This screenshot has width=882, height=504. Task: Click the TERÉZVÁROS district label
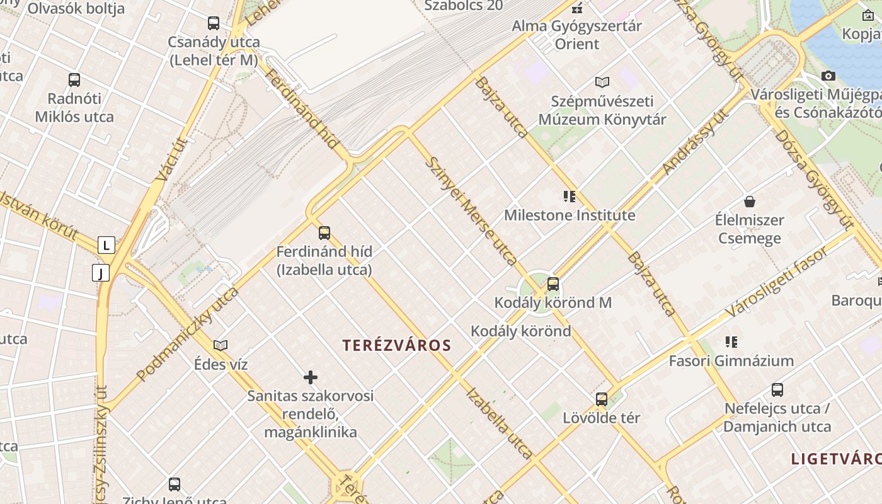pos(397,345)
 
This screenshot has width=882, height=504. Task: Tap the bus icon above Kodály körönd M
pos(553,284)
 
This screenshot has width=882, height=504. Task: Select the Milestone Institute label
pos(570,215)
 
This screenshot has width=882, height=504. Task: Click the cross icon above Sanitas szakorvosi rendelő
pos(311,377)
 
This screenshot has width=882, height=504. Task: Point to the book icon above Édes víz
pos(220,345)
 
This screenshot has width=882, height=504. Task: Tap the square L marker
pos(106,245)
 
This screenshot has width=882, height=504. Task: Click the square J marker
pos(101,273)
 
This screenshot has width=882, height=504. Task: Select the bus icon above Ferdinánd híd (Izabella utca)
pos(324,233)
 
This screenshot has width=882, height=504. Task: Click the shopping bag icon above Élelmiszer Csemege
pos(750,202)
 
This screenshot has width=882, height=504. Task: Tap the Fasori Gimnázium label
pos(731,361)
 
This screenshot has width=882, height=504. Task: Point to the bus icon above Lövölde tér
pos(602,399)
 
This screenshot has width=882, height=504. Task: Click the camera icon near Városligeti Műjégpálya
pos(828,76)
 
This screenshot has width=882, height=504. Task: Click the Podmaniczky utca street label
pos(188,334)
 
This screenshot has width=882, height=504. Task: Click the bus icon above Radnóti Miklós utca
pos(74,80)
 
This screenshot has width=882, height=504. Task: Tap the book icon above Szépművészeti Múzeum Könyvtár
pos(602,82)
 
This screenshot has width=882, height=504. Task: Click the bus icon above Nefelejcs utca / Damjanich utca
pos(777,390)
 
